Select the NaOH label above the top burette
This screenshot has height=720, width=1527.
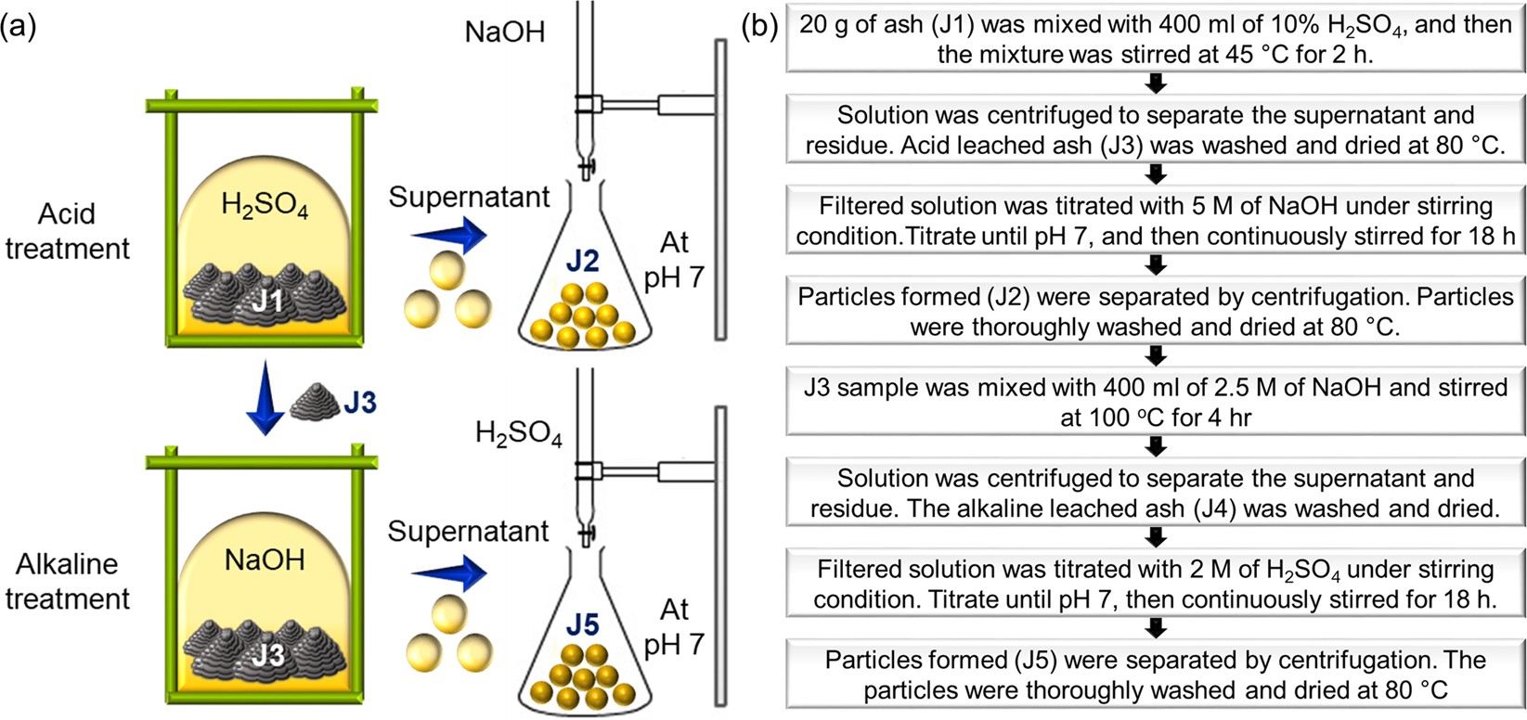click(x=505, y=32)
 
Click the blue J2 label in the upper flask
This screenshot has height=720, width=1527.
click(x=582, y=262)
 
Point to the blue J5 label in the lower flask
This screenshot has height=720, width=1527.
click(x=582, y=625)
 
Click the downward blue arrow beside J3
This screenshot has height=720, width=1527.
click(x=265, y=399)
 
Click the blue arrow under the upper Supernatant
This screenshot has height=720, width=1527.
click(x=449, y=236)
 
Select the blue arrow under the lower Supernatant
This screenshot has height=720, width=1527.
click(x=449, y=572)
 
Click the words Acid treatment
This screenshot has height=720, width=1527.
click(x=67, y=231)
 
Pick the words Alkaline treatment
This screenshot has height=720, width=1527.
click(x=67, y=581)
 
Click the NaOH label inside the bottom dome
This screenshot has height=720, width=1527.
click(x=265, y=560)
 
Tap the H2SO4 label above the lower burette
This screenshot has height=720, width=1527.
click(x=518, y=433)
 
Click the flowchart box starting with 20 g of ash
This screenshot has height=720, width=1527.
click(x=1155, y=39)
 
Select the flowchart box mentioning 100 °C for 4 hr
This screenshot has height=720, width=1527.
click(x=1155, y=403)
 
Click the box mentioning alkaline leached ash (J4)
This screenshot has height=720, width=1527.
click(x=1155, y=494)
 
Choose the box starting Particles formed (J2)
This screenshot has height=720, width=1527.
click(x=1155, y=312)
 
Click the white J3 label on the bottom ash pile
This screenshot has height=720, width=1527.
click(x=268, y=655)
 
